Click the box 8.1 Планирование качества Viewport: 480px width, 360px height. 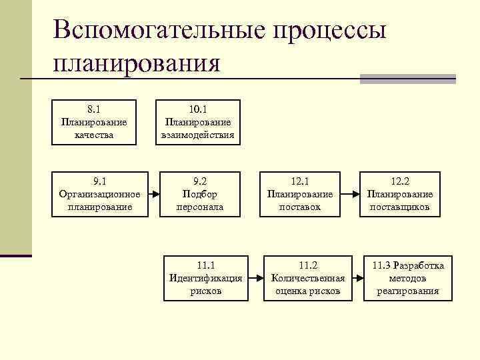coord(94,123)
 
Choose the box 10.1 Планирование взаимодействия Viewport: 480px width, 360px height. coord(198,123)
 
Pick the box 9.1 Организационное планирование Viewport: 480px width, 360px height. coord(99,194)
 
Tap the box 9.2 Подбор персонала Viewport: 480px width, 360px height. coord(199,194)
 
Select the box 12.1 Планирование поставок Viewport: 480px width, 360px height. coord(299,194)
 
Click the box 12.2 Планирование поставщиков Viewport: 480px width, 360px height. coord(400,194)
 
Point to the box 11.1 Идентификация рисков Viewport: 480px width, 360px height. coord(206,278)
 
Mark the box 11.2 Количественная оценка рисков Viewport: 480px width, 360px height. coord(308,278)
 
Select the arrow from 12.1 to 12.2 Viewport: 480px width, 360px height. coord(348,194)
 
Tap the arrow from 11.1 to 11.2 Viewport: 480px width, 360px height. coord(255,278)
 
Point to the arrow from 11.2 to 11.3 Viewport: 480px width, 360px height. coord(357,278)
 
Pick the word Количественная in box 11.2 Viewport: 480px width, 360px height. coord(308,278)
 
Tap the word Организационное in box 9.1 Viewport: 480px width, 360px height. coord(99,194)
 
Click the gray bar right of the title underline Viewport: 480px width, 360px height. coord(407,79)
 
